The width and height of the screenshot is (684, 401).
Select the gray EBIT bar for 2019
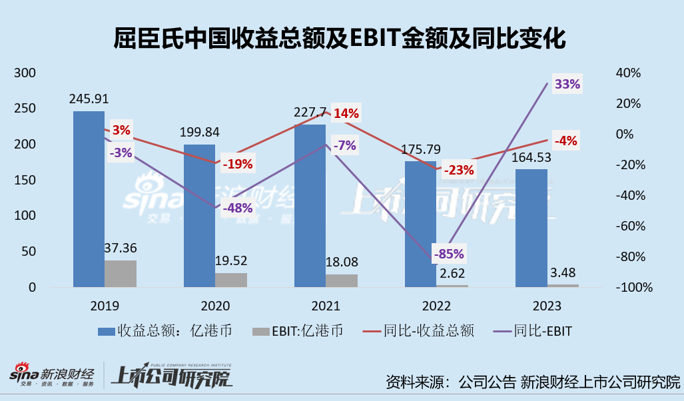pyautogui.click(x=121, y=274)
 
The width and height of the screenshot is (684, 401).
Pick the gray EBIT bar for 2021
pyautogui.click(x=342, y=280)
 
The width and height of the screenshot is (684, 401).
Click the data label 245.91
pyautogui.click(x=90, y=98)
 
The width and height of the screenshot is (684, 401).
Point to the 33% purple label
pyautogui.click(x=567, y=85)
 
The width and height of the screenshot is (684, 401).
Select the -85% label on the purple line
pyautogui.click(x=448, y=254)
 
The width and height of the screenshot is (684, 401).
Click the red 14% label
pyautogui.click(x=346, y=113)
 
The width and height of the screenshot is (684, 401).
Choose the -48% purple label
pyautogui.click(x=237, y=207)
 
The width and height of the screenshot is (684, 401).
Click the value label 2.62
pyautogui.click(x=452, y=272)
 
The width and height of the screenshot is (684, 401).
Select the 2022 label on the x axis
pyautogui.click(x=436, y=306)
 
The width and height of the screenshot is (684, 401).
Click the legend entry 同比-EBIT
pyautogui.click(x=531, y=330)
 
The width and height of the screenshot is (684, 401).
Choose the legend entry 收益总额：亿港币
pyautogui.click(x=165, y=330)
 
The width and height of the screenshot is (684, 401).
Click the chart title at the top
pyautogui.click(x=341, y=39)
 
